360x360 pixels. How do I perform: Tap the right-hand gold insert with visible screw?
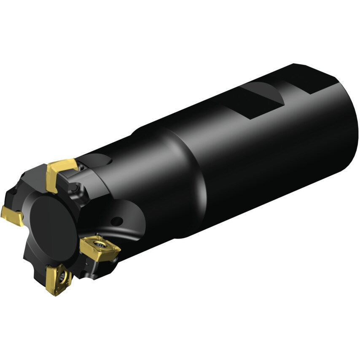pyautogui.click(x=100, y=246)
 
